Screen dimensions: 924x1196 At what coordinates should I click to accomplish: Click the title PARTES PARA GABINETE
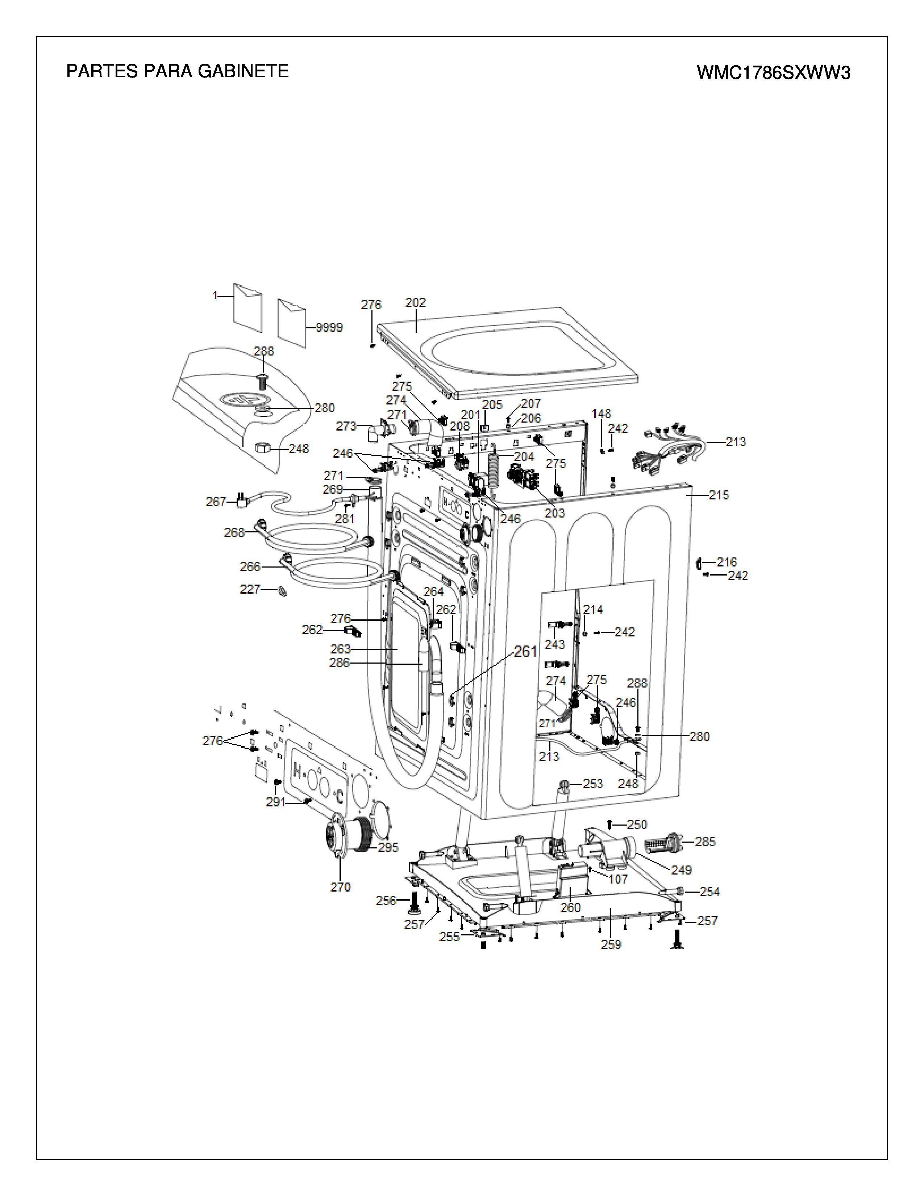(177, 71)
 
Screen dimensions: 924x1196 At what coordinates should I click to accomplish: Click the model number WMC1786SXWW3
(774, 73)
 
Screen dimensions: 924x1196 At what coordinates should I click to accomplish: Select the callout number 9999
(329, 328)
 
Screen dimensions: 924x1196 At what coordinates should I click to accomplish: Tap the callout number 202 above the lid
(416, 302)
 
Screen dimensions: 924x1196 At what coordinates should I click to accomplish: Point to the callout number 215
(719, 495)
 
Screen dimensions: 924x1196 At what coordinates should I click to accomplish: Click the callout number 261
(525, 651)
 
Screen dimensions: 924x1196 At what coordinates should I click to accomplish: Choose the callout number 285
(705, 842)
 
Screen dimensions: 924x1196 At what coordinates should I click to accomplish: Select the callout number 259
(611, 944)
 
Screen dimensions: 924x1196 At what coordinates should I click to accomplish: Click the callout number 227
(250, 589)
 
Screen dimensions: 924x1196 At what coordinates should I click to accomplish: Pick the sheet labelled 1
(247, 308)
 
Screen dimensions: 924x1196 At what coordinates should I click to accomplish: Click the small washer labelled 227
(283, 591)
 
